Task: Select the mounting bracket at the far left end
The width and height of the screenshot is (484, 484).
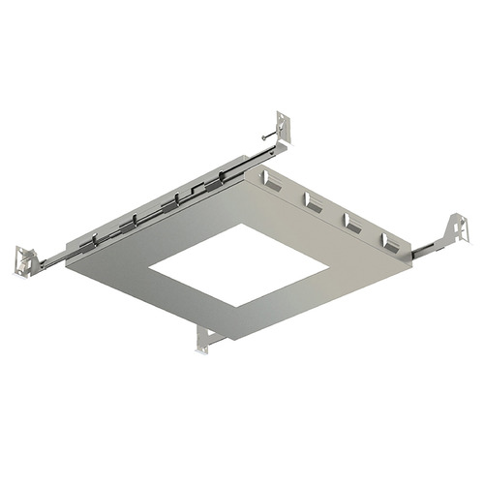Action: (x=26, y=259)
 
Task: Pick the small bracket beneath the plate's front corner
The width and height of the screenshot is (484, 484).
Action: (x=206, y=338)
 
